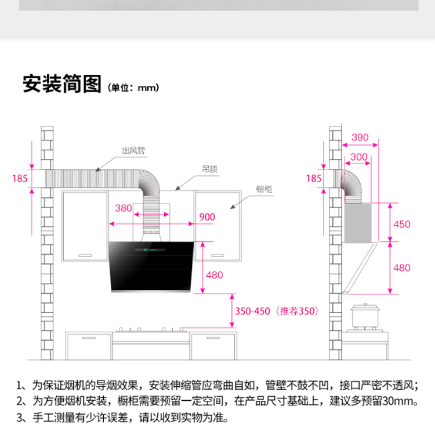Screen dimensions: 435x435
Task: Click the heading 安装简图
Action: pyautogui.click(x=62, y=84)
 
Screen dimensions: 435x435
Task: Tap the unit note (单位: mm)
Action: pyautogui.click(x=133, y=88)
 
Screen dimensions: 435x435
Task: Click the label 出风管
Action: pyautogui.click(x=133, y=150)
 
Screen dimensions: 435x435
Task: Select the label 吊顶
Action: pyautogui.click(x=210, y=169)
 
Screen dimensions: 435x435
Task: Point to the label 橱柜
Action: pyautogui.click(x=264, y=189)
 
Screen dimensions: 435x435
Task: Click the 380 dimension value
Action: pyautogui.click(x=124, y=208)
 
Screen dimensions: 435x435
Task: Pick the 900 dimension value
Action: pyautogui.click(x=207, y=217)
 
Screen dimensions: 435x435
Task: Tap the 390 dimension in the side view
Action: pyautogui.click(x=360, y=137)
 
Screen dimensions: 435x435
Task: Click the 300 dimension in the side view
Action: pyautogui.click(x=359, y=157)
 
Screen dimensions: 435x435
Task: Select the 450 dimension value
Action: pyautogui.click(x=402, y=224)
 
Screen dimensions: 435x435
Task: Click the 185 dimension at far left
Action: pyautogui.click(x=20, y=179)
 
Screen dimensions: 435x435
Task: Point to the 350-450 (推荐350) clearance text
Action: pyautogui.click(x=277, y=311)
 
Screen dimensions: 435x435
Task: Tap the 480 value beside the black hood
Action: pyautogui.click(x=214, y=275)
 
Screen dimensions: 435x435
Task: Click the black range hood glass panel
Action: pyautogui.click(x=151, y=266)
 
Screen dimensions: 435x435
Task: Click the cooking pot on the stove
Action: pyautogui.click(x=365, y=316)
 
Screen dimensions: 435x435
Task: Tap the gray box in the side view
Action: pyautogui.click(x=358, y=223)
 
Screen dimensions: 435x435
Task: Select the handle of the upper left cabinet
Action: pyautogui.click(x=85, y=255)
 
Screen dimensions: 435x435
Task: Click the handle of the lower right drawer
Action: pyautogui.click(x=213, y=338)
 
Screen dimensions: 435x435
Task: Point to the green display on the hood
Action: pyautogui.click(x=150, y=250)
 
